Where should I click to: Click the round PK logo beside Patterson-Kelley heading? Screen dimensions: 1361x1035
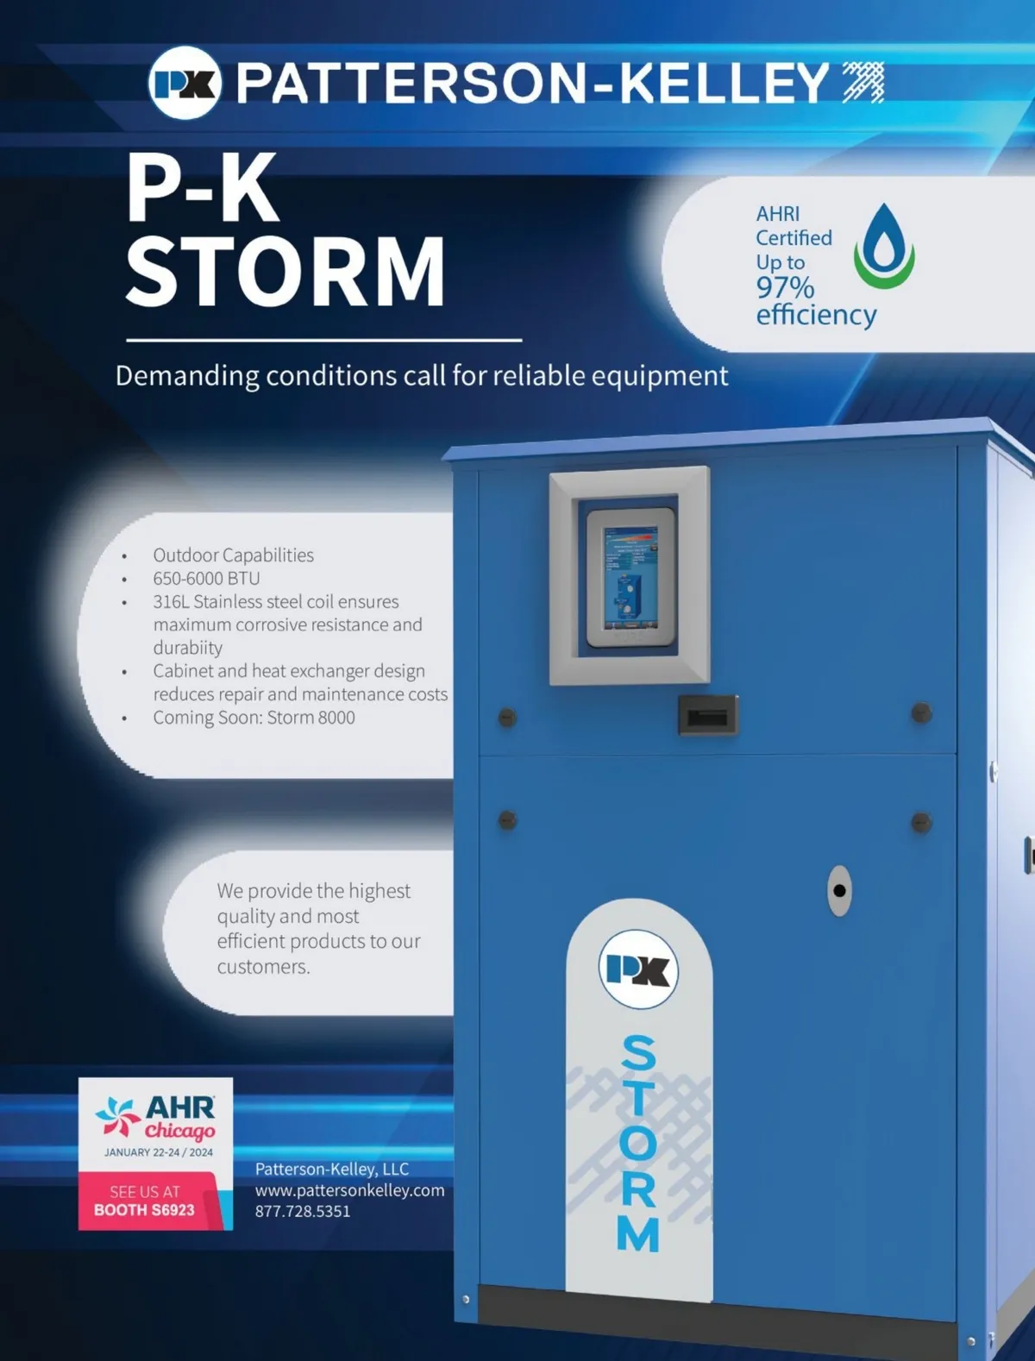[x=185, y=83]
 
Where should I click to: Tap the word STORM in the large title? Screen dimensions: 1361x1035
[x=285, y=272]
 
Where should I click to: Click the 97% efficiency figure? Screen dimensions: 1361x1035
[x=785, y=287]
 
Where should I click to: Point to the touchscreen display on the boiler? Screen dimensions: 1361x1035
[x=630, y=577]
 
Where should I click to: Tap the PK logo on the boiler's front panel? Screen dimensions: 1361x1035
[x=638, y=969]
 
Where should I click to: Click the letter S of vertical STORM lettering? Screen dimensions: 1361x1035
[x=639, y=1053]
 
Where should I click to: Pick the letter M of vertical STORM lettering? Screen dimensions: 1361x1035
[x=638, y=1234]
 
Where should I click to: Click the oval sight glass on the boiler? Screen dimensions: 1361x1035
[x=839, y=890]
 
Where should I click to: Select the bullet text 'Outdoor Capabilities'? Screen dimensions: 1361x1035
[x=233, y=555]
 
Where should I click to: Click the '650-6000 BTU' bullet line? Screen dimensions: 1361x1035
[x=206, y=578]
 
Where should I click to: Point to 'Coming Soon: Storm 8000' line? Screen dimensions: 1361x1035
[x=254, y=718]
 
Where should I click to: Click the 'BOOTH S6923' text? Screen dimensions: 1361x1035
[x=144, y=1210]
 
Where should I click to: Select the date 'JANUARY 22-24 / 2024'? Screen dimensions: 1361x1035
[x=159, y=1152]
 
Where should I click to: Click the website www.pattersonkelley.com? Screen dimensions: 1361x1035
[x=349, y=1190]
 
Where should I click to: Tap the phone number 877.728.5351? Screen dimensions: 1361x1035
[x=303, y=1211]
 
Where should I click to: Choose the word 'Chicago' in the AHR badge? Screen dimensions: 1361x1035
[x=179, y=1131]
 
